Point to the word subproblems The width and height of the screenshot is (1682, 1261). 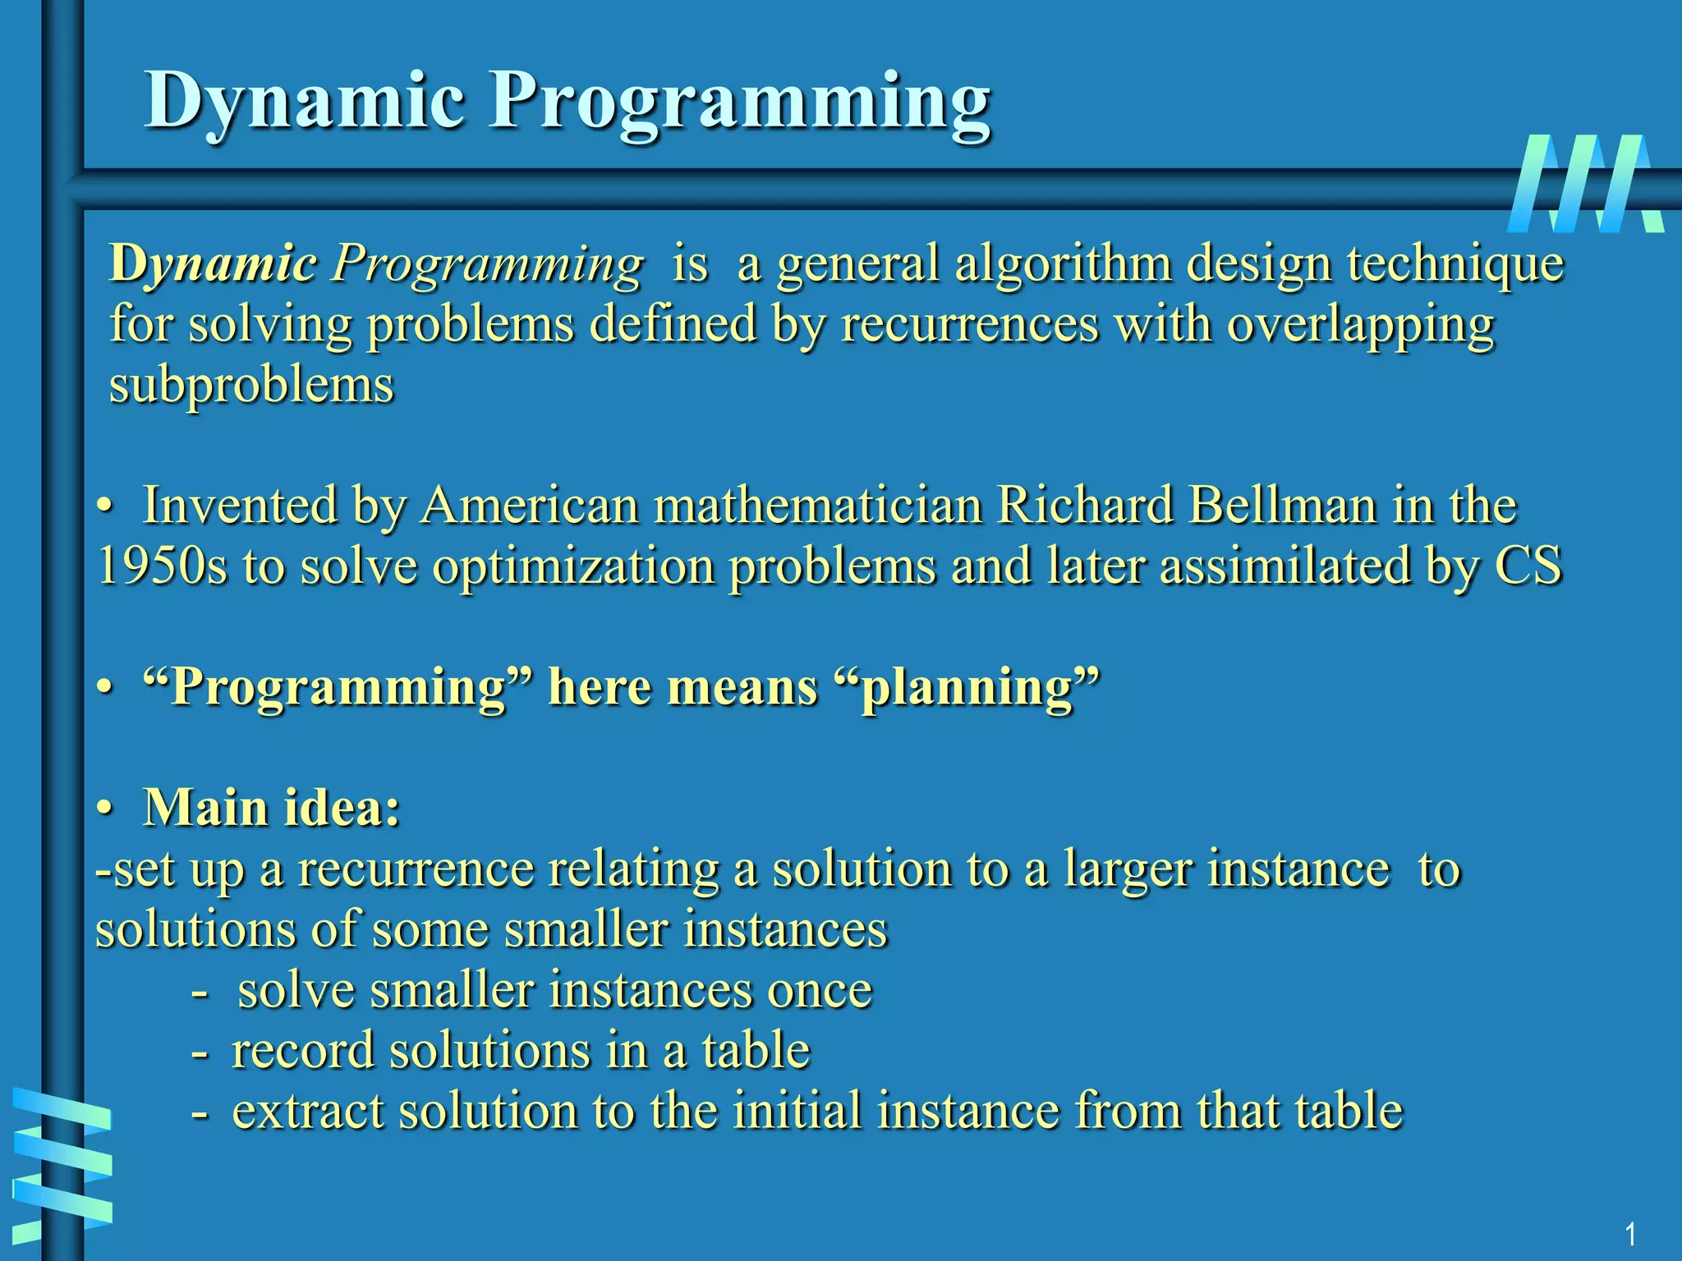point(251,385)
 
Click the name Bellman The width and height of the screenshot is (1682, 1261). point(1282,506)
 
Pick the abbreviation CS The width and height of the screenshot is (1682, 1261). point(1528,566)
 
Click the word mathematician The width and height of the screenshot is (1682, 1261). point(818,506)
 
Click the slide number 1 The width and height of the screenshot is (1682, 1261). point(1630,1234)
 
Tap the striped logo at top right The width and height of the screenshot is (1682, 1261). point(1586,183)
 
